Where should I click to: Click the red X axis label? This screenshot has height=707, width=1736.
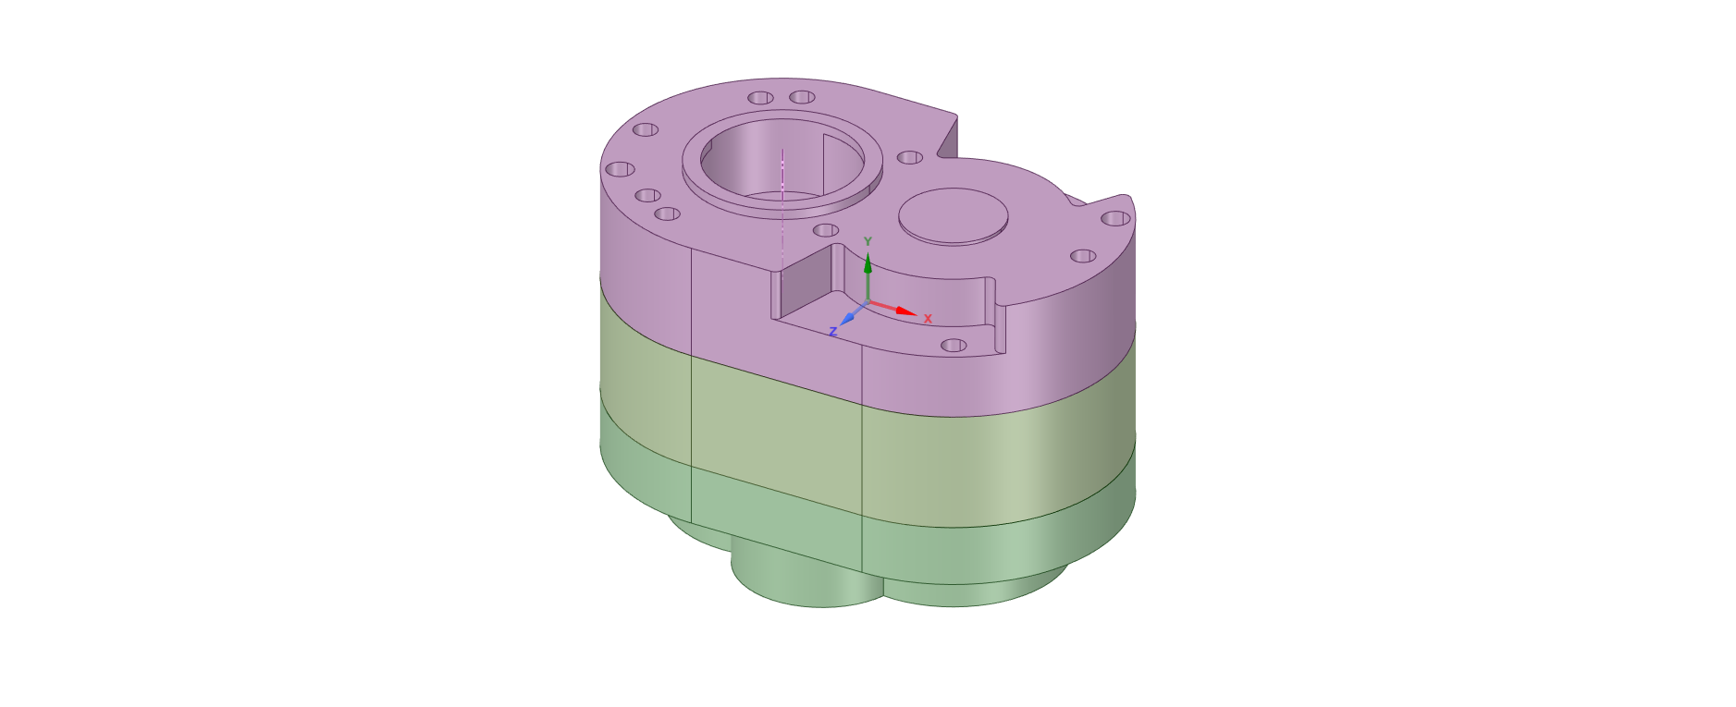[928, 319]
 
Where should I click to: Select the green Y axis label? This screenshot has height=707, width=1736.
[868, 242]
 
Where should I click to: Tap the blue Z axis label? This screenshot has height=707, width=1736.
[833, 332]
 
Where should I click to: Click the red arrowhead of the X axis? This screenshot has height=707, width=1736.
[906, 311]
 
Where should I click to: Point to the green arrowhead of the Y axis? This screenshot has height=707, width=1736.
[868, 264]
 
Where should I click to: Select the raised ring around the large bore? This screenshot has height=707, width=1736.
[782, 207]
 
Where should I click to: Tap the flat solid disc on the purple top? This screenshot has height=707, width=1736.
[954, 216]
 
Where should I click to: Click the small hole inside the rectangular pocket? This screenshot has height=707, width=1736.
[954, 346]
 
